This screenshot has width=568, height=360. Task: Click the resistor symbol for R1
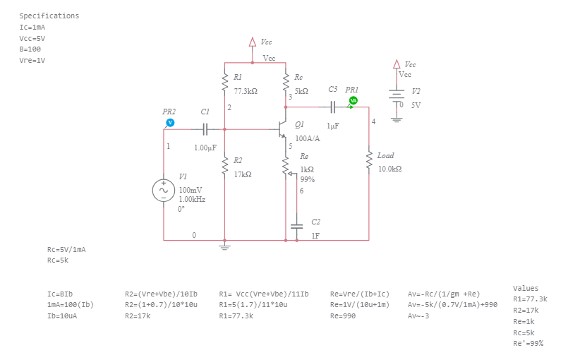click(224, 83)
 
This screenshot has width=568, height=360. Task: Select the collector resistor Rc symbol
click(286, 83)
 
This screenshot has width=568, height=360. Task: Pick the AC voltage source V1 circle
click(164, 190)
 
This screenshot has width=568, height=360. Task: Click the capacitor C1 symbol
click(204, 129)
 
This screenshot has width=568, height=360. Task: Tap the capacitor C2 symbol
click(296, 227)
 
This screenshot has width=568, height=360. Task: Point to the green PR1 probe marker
click(354, 101)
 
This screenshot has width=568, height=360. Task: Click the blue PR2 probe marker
click(169, 122)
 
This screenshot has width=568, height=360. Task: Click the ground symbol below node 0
click(224, 246)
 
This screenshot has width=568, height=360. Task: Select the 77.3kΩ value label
click(246, 91)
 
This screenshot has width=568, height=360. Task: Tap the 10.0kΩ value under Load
click(389, 169)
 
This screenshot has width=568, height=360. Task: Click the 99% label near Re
click(307, 179)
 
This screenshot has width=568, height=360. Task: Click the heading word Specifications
click(49, 16)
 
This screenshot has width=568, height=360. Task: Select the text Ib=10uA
click(62, 316)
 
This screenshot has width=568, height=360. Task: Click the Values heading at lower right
click(525, 288)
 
